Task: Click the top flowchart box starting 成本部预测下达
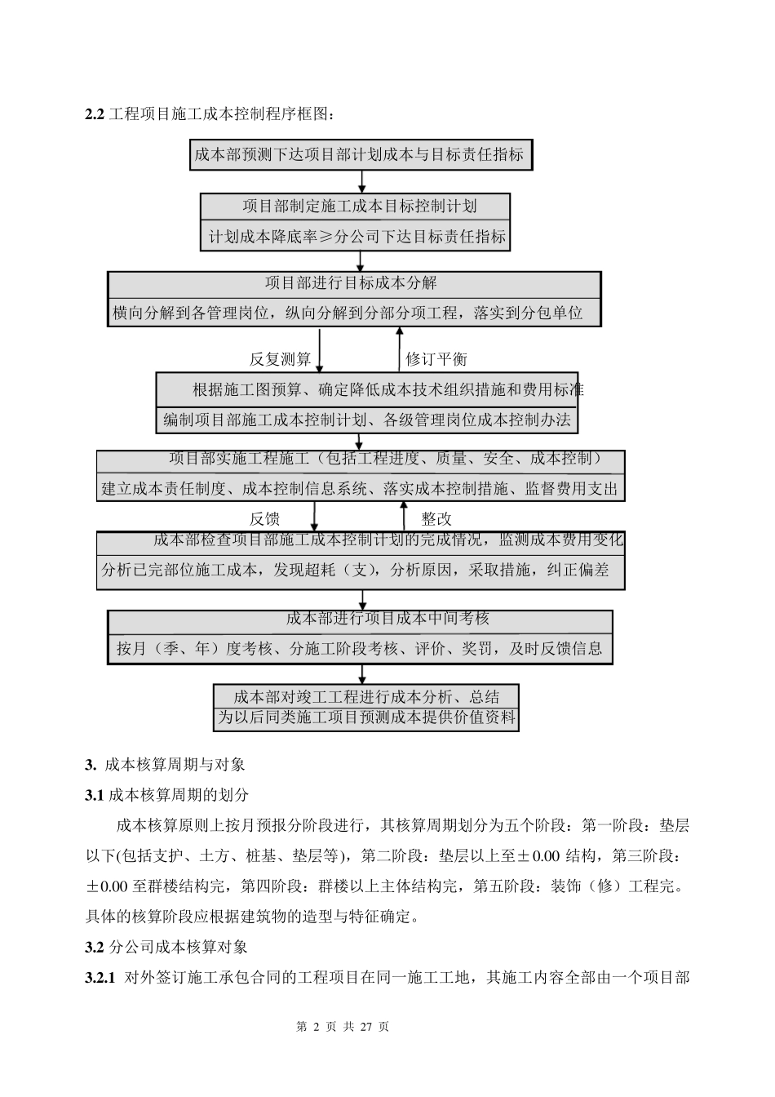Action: tap(361, 153)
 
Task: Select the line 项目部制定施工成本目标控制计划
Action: tap(359, 206)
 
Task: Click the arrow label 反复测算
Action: tap(280, 359)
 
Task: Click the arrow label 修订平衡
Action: tap(436, 359)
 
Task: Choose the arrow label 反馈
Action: tap(264, 518)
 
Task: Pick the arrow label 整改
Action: tap(436, 518)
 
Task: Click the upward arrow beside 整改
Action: tap(402, 516)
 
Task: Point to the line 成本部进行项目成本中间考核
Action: tap(387, 619)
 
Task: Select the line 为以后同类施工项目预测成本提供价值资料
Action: tap(366, 718)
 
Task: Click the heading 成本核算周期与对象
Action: tap(175, 765)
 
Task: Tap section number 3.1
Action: tap(95, 794)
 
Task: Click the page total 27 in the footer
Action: tap(365, 1027)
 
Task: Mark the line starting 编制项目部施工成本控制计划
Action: tap(366, 420)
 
